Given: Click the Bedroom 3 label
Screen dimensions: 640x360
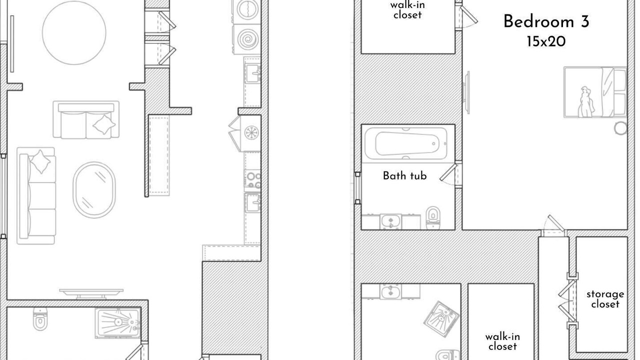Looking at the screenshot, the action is point(546,21).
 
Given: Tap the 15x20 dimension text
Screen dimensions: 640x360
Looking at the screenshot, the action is point(546,42).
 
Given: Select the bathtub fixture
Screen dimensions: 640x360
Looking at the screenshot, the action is point(405,143).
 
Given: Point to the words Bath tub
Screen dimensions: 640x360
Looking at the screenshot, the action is point(404,175).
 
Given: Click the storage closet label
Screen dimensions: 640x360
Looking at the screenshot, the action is point(605,299).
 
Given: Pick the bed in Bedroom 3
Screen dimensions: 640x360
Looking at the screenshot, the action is point(595,92).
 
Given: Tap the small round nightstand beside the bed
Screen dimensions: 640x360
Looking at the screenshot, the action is point(620,128).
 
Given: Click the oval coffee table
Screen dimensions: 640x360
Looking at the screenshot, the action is point(94,190).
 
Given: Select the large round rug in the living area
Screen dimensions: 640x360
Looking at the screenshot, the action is point(74,32).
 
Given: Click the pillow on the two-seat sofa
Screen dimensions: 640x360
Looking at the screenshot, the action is point(104,124).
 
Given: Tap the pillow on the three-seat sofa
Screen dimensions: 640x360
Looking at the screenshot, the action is point(40,161).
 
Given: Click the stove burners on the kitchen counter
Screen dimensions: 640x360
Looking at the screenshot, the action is point(252,180).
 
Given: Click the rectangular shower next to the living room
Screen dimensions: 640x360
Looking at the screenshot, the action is point(118,323).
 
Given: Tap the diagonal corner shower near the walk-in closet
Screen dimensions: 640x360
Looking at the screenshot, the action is point(441,319).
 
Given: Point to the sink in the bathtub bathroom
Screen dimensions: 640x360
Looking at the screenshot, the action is point(390,221).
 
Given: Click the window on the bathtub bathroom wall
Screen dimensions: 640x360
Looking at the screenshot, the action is point(357,188).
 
